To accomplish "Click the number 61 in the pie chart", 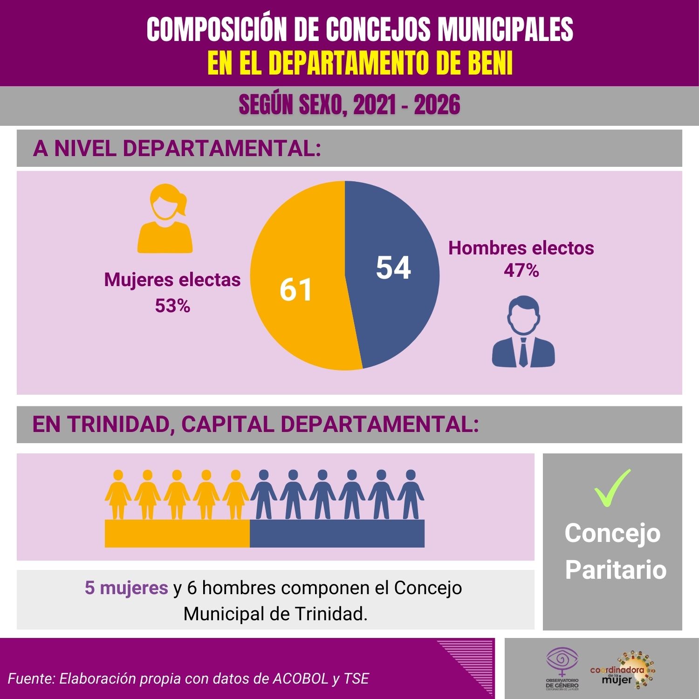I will [296, 289].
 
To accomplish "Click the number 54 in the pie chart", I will [393, 268].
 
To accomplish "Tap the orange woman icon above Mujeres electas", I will [165, 219].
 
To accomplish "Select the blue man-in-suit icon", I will [524, 332].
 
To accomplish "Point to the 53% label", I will [172, 306].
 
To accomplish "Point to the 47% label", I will [521, 270].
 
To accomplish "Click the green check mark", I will [612, 487].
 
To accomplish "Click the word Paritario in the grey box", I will [616, 569].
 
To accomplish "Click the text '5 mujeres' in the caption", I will [126, 588].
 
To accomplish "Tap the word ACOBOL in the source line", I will [300, 678].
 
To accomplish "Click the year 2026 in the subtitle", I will [437, 105].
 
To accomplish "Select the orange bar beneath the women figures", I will [177, 534].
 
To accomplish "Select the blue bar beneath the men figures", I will [337, 534].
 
